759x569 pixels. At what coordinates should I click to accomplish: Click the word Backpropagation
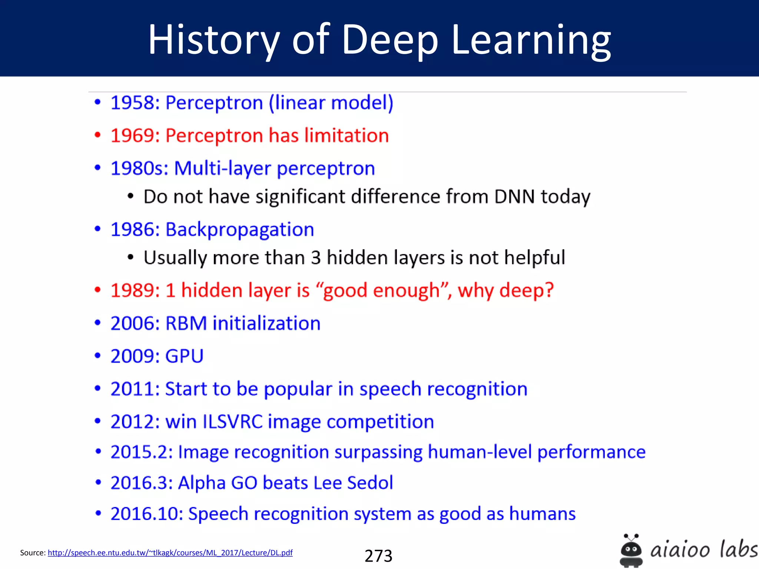click(x=239, y=230)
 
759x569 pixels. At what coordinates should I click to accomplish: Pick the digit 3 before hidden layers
click(x=316, y=258)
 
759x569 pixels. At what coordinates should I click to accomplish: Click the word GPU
click(x=184, y=356)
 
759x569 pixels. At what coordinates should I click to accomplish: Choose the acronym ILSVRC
click(x=232, y=422)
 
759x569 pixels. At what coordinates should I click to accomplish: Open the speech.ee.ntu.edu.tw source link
click(x=170, y=553)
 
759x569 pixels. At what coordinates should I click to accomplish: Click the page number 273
click(x=378, y=556)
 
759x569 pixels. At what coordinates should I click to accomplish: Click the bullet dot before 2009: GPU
click(x=97, y=356)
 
